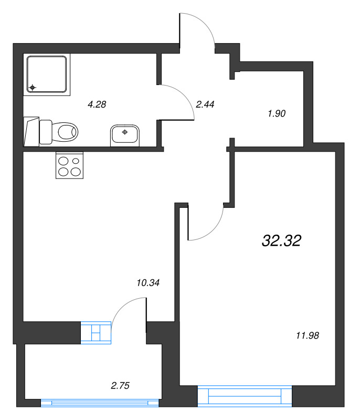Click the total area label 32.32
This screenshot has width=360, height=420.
pos(282,240)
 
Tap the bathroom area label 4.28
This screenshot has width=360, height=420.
pos(97,104)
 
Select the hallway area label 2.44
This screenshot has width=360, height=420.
pos(205,104)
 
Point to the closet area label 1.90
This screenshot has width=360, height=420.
pos(277,113)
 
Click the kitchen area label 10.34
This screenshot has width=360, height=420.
pos(148,282)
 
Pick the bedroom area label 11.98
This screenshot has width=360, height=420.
pos(308,335)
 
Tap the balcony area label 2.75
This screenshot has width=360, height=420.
pos(120,385)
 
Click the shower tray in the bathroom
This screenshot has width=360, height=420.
pos(47,74)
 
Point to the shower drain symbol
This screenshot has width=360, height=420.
pos(33,87)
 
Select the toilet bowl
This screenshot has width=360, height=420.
pos(65,132)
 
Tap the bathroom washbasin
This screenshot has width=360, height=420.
pos(125,135)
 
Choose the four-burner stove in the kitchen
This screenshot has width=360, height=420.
pos(70,165)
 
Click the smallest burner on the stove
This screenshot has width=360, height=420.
pos(76,161)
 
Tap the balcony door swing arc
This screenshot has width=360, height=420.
pos(122,305)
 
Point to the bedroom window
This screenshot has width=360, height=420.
pos(245,396)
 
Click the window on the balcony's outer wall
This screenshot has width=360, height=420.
pos(100,403)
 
